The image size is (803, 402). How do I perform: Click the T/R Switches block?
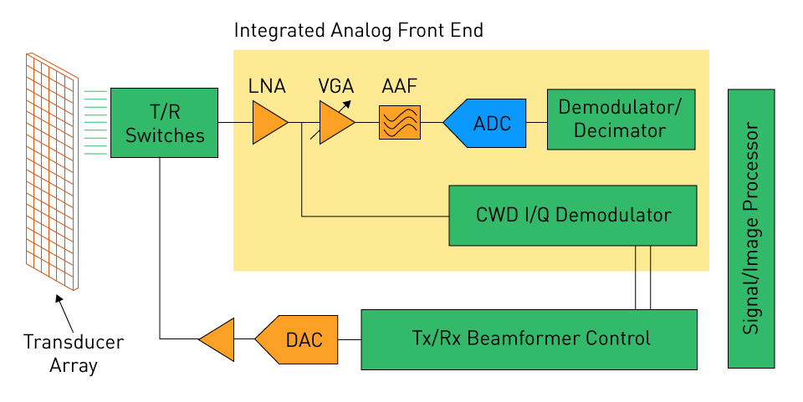click(164, 122)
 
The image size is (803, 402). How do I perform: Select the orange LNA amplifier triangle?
click(269, 123)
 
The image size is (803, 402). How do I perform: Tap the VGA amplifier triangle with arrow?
click(335, 123)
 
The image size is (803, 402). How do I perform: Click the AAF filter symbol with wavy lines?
click(399, 123)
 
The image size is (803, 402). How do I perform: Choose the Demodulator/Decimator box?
click(620, 120)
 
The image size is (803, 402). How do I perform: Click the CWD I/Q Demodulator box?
click(573, 215)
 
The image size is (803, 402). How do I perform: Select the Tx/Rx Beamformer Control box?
click(529, 338)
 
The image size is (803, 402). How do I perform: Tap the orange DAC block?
click(297, 338)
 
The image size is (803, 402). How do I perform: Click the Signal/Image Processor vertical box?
click(751, 227)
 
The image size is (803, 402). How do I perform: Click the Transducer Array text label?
click(73, 354)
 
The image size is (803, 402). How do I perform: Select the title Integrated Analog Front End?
click(358, 31)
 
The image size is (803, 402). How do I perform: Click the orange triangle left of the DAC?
click(218, 338)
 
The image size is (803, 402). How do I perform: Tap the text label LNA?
click(267, 86)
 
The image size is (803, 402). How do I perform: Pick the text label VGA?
click(335, 86)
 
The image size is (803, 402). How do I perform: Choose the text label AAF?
click(399, 86)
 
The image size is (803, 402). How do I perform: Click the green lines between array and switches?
click(95, 122)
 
